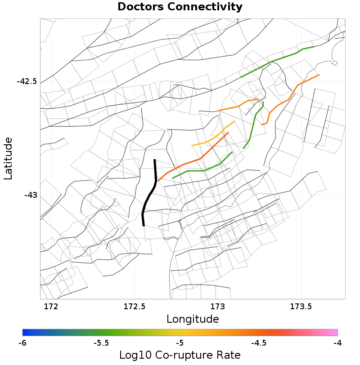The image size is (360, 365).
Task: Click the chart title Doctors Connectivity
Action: pos(180,7)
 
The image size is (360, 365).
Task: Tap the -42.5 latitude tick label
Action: pos(27,81)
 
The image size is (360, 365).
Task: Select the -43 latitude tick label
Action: pos(31,195)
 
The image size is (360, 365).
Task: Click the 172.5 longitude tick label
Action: pos(134,307)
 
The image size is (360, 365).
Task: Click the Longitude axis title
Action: pos(193,319)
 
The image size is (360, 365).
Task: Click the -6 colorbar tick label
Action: pos(22,343)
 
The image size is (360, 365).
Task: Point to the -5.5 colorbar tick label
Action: pos(101,343)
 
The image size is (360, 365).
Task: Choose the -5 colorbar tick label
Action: pos(180,343)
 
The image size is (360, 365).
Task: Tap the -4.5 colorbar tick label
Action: pos(259,343)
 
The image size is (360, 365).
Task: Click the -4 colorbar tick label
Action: pos(337,343)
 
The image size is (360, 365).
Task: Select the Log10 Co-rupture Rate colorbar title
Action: pos(180,355)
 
